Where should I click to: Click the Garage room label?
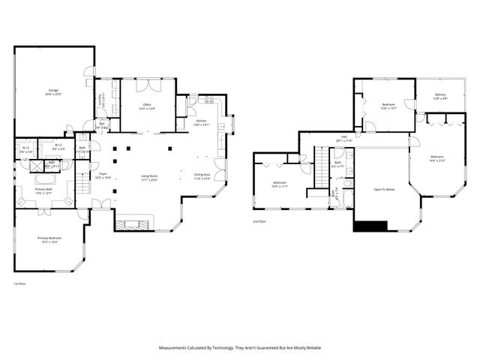coord(52,92)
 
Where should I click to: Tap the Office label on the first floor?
coord(147,106)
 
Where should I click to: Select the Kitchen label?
coord(201,122)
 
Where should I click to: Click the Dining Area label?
coord(202,176)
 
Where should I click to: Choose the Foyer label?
coord(103,176)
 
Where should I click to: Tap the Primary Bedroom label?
coord(49,240)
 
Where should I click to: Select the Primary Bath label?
coord(43,190)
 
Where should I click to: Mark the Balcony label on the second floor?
coord(440,96)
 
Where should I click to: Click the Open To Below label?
coord(384,190)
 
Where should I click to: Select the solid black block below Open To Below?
coord(370,226)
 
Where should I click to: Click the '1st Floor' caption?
coord(19,284)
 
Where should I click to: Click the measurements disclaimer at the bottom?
coord(240,348)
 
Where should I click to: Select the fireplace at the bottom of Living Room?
coord(134,223)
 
